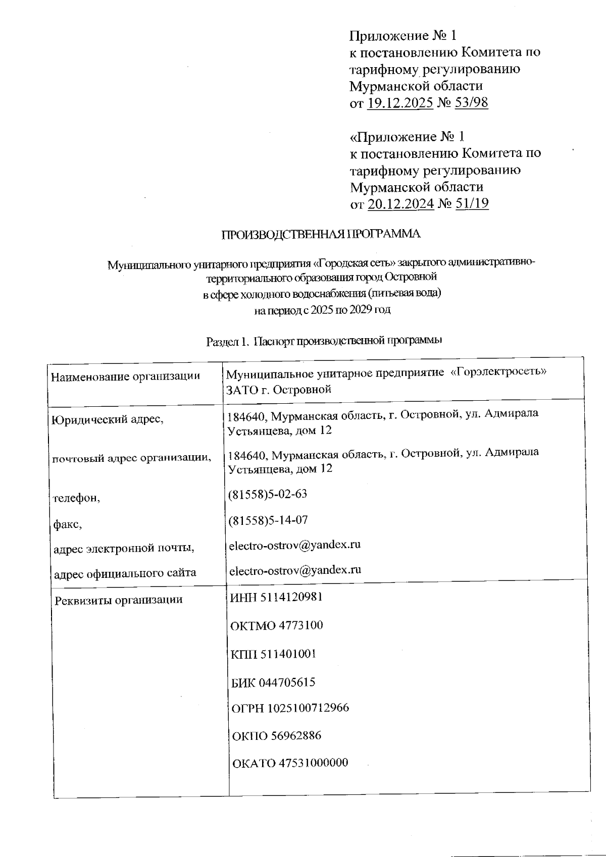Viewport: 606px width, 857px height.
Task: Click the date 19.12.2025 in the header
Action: tap(400, 103)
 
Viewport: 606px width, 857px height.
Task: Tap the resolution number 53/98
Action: tap(471, 103)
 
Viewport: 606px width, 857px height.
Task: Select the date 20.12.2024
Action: tap(401, 204)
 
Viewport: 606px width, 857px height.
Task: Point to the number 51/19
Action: tap(472, 204)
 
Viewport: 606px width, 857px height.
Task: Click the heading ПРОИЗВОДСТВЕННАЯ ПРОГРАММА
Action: tap(321, 234)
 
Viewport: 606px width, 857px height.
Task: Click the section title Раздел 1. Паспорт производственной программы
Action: tap(325, 341)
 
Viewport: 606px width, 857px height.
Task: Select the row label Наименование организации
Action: tap(126, 376)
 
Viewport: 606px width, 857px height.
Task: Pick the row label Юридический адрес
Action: tap(108, 419)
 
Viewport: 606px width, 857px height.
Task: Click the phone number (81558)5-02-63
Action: tap(268, 494)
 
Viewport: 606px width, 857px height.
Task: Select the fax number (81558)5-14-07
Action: tap(268, 520)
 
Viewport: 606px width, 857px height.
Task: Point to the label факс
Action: tap(68, 524)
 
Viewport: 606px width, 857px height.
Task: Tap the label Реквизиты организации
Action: tap(119, 600)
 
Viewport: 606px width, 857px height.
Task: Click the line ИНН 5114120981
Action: tap(276, 597)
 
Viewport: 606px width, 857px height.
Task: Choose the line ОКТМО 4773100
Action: tap(276, 625)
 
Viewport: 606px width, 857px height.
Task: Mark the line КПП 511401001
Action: tap(273, 654)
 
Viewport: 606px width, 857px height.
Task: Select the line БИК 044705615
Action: tap(273, 683)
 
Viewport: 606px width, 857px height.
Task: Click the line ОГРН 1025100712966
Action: tap(290, 708)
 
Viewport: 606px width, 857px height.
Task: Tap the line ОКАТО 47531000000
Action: tap(290, 763)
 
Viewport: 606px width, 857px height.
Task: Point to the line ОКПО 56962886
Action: tap(276, 735)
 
